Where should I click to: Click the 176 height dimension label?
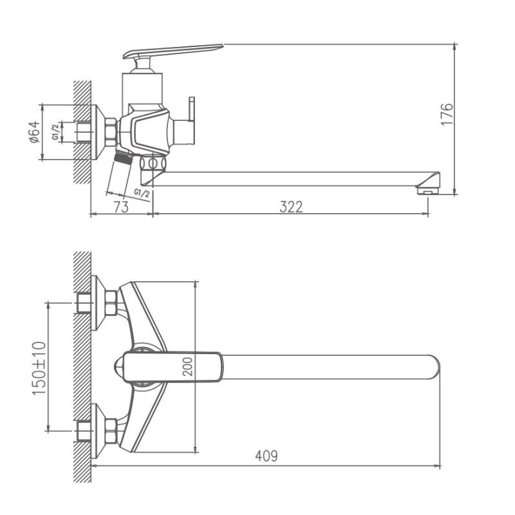click(x=448, y=114)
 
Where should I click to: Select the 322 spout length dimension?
click(x=291, y=207)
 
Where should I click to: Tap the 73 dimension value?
click(x=120, y=207)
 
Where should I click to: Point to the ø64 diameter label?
click(x=35, y=132)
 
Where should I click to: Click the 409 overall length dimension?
click(x=267, y=456)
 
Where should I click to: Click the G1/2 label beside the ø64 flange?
click(x=57, y=132)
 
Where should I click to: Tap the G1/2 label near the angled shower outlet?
click(x=142, y=192)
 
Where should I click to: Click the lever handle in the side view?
click(x=174, y=52)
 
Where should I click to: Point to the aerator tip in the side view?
click(x=427, y=189)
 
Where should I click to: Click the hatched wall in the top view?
click(x=82, y=367)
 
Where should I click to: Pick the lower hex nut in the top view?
click(x=111, y=431)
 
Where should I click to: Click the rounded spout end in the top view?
click(x=433, y=366)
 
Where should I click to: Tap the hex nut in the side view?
click(x=111, y=131)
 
